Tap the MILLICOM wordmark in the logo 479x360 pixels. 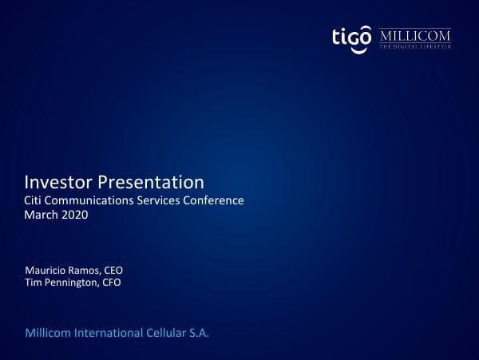click(x=415, y=36)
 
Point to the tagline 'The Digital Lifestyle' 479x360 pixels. click(x=415, y=47)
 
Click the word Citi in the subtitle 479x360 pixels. click(x=35, y=200)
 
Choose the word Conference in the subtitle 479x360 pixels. click(x=215, y=200)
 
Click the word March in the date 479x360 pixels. click(x=42, y=216)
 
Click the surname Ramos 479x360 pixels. click(x=85, y=270)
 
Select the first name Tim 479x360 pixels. click(x=34, y=283)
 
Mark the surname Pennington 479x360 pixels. click(x=72, y=283)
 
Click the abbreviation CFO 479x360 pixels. click(x=111, y=283)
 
